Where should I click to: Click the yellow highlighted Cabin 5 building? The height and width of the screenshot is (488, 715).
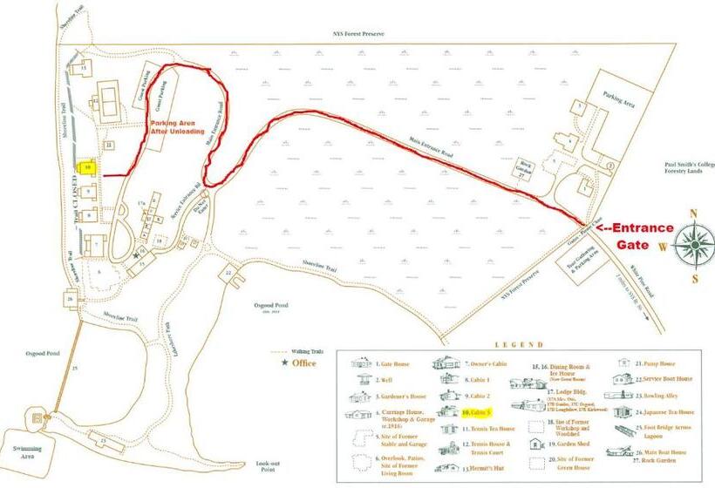(x=87, y=166)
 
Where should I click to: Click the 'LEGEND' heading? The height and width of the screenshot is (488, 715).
(x=507, y=346)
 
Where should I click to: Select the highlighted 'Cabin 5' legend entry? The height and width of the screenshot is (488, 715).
(x=478, y=410)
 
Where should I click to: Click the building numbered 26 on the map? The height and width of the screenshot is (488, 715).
(x=69, y=300)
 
